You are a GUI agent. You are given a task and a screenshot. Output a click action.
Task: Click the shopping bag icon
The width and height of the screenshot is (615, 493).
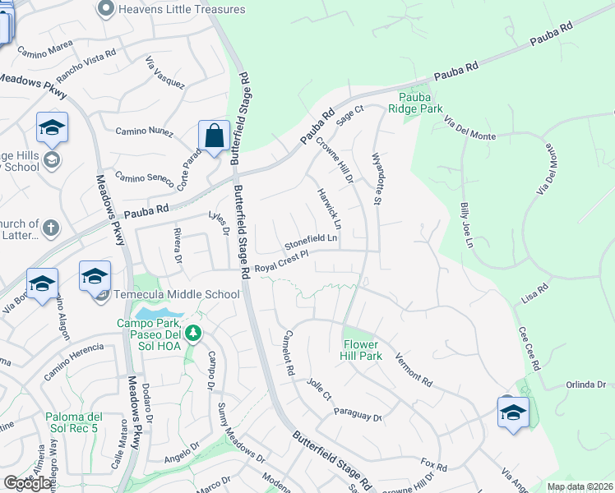pyautogui.click(x=214, y=136)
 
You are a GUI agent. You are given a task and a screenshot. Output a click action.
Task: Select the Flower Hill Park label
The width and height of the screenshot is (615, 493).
pyautogui.click(x=362, y=351)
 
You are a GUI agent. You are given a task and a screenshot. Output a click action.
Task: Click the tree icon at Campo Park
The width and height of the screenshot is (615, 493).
pyautogui.click(x=193, y=333)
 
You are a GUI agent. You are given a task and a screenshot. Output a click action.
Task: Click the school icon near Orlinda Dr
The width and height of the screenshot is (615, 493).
pyautogui.click(x=513, y=412)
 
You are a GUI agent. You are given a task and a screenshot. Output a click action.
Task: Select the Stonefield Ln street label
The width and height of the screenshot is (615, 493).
pyautogui.click(x=311, y=243)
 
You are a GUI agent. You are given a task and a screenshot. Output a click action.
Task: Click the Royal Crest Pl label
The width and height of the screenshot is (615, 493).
pyautogui.click(x=280, y=263)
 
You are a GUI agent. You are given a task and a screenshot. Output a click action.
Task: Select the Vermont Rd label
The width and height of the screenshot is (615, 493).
pyautogui.click(x=414, y=369)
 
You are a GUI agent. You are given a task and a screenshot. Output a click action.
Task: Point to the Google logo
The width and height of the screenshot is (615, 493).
pyautogui.click(x=27, y=483)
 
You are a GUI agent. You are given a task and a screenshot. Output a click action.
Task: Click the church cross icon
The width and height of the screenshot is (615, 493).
pyautogui.click(x=51, y=228)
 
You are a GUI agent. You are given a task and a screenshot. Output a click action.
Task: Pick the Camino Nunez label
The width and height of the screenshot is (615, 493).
pyautogui.click(x=143, y=131)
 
